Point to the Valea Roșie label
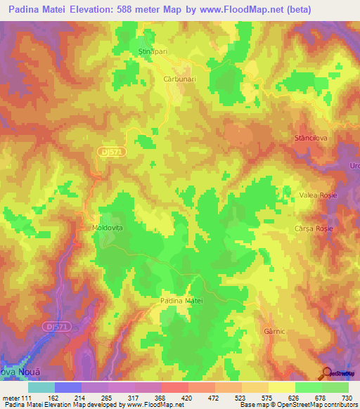tap(315, 195)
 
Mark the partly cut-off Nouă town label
tap(15, 372)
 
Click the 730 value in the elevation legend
tap(347, 398)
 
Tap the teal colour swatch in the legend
tap(41, 387)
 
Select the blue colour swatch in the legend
tap(68, 387)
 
